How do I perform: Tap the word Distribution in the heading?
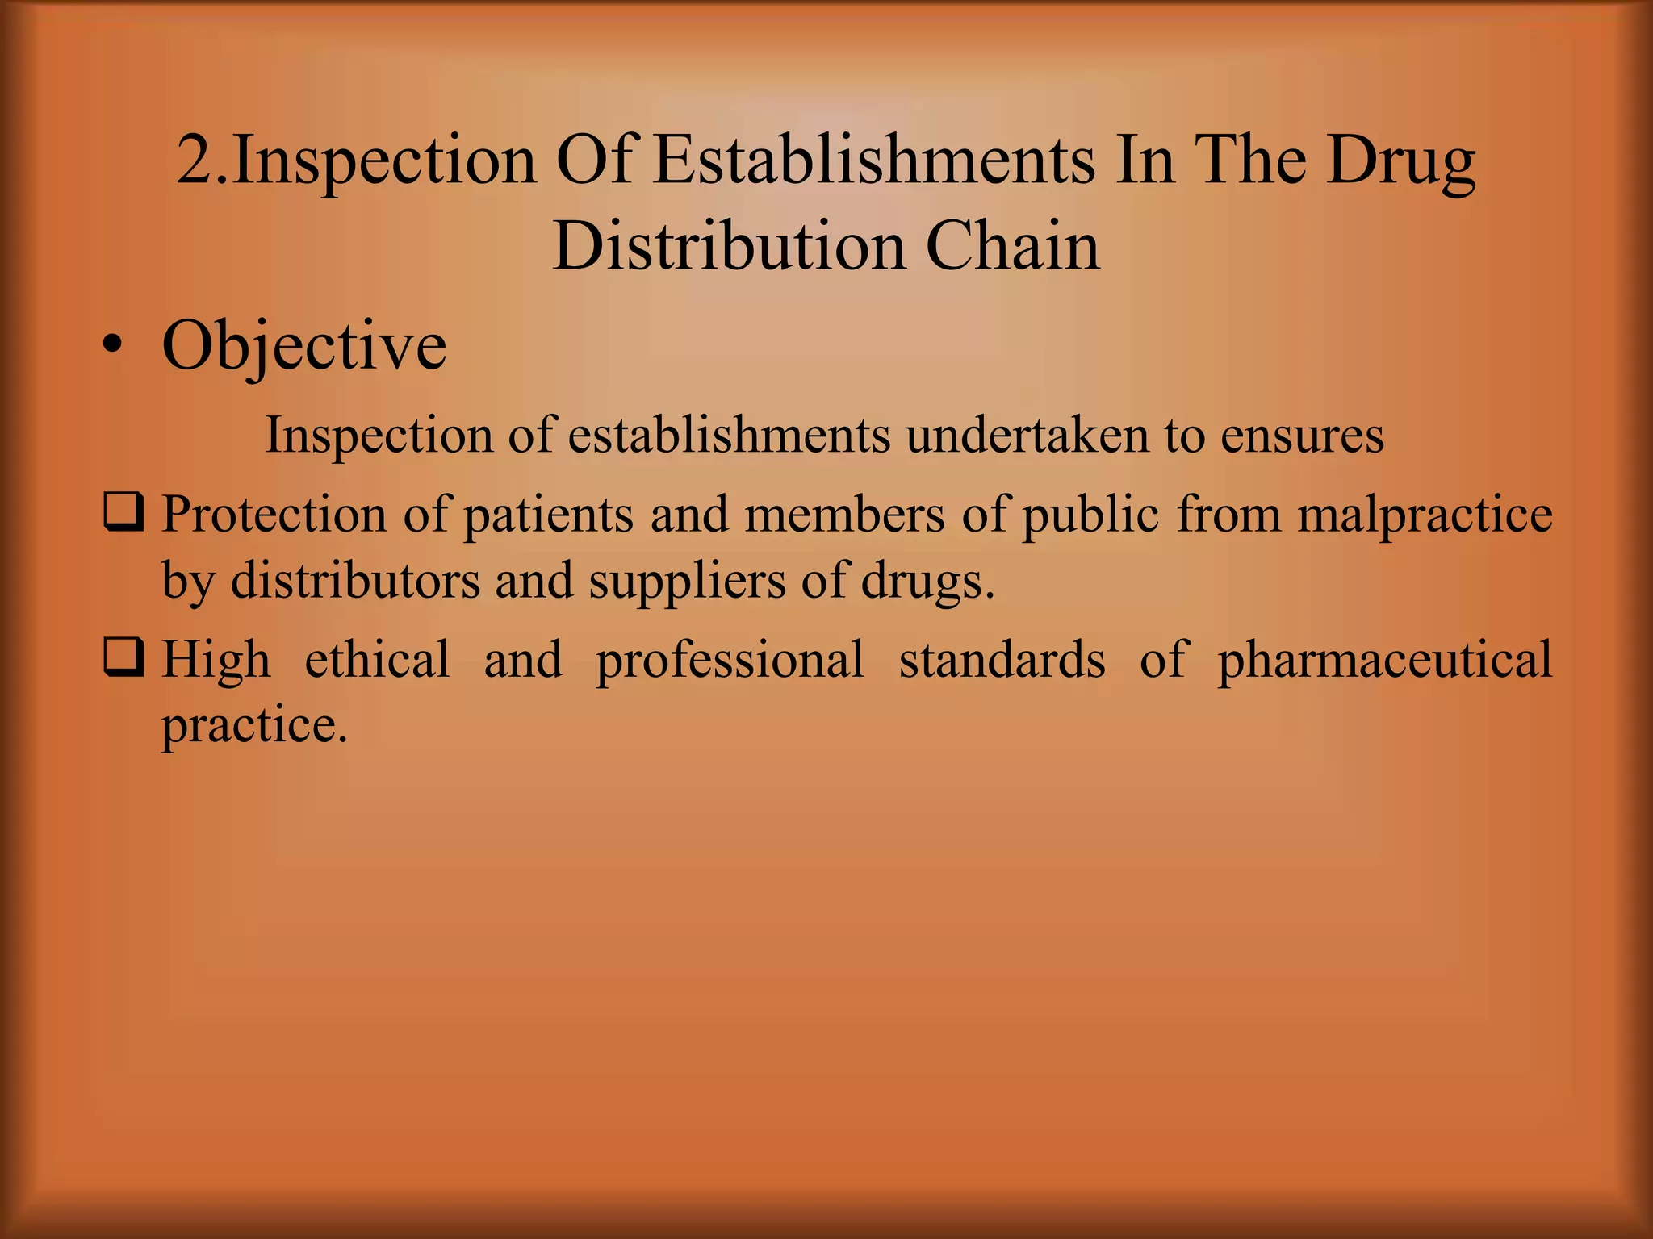[x=727, y=245]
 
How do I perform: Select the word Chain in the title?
[x=1012, y=245]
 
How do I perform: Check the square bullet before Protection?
[x=123, y=513]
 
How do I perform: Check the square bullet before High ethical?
[x=123, y=658]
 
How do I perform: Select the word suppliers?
[x=687, y=581]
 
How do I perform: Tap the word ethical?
[x=377, y=659]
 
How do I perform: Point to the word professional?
[x=730, y=661]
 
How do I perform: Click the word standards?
[x=1002, y=659]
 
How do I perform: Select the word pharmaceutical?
[x=1384, y=661]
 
